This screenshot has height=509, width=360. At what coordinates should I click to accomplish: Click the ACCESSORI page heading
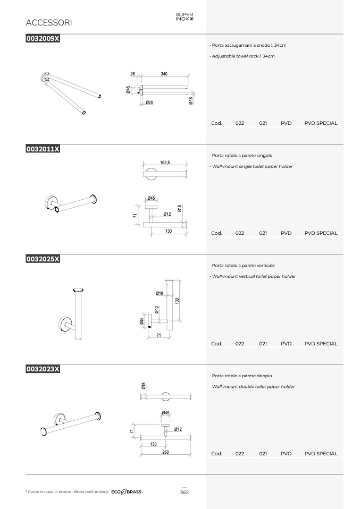tap(49, 23)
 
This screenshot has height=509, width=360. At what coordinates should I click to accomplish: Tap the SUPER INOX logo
tap(184, 16)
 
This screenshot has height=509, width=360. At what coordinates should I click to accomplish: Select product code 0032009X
tap(43, 39)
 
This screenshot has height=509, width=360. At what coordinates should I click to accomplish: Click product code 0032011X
tap(43, 149)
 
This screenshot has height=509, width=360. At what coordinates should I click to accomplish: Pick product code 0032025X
tap(43, 259)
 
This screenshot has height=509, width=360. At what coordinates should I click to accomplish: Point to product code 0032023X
tap(43, 369)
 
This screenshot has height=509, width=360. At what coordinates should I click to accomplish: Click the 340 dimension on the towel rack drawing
tap(164, 74)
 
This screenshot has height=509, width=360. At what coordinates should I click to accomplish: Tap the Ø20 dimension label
tap(149, 103)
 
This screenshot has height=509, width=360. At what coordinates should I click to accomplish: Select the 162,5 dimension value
tap(165, 162)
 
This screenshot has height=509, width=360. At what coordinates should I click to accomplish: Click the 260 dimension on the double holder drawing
tap(165, 452)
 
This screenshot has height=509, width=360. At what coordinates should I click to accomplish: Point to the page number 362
tap(184, 492)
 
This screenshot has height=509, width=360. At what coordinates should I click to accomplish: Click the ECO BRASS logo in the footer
tap(127, 492)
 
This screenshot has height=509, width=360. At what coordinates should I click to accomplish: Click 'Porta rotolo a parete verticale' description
tap(242, 266)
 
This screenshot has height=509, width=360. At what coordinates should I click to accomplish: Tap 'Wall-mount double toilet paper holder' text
tap(252, 387)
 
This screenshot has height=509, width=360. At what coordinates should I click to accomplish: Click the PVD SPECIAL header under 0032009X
tap(321, 123)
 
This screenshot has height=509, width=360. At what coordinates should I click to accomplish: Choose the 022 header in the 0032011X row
tap(240, 233)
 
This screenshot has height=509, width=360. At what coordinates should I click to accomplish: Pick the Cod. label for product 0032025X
tap(216, 343)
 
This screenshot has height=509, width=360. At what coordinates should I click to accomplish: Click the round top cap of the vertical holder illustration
tap(79, 290)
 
